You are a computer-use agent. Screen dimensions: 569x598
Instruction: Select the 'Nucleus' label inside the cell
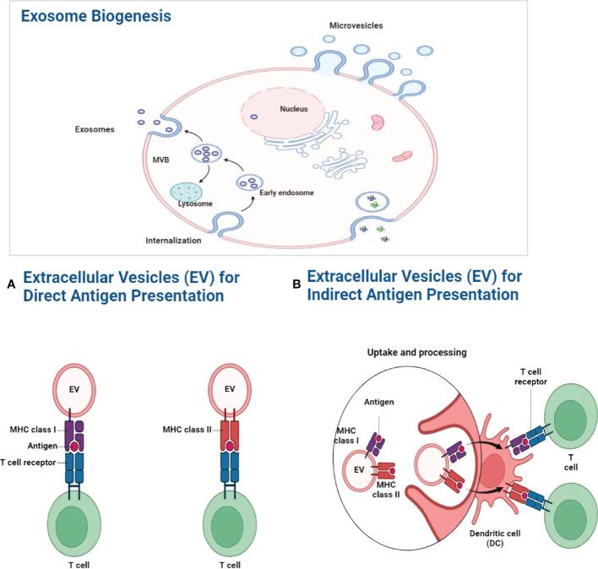[x=274, y=108]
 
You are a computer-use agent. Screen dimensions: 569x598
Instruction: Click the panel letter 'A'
[x=11, y=286]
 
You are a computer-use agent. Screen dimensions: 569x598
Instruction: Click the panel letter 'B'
[x=296, y=286]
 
